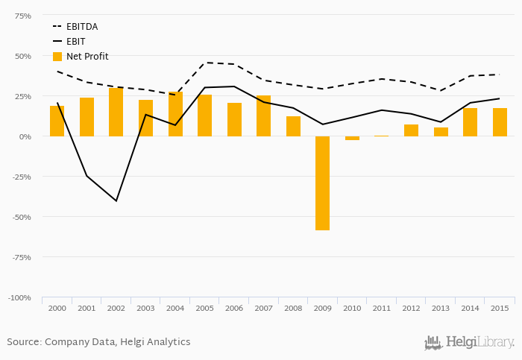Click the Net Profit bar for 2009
tap(322, 183)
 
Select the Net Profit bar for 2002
tap(116, 112)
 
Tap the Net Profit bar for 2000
tap(57, 121)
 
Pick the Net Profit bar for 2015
tap(500, 122)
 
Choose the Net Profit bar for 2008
tap(293, 126)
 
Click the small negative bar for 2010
tap(352, 138)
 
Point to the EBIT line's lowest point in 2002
tap(116, 200)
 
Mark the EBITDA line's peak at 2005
tap(204, 63)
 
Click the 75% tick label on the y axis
tap(22, 16)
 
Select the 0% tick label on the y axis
tap(25, 136)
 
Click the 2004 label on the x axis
tap(175, 308)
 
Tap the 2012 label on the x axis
tap(411, 308)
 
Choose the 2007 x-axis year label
tap(263, 308)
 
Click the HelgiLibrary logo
tap(469, 342)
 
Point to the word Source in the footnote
tap(24, 342)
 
